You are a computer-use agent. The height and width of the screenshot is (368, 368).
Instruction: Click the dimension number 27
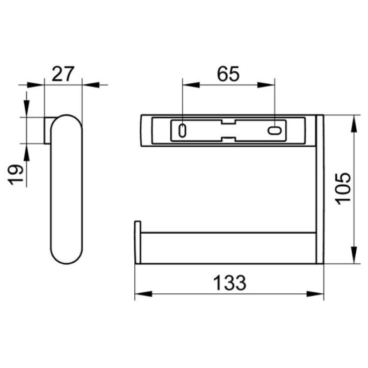63,73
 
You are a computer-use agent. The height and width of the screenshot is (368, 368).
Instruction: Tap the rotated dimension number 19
17,175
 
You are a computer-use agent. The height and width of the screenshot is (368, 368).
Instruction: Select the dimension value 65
228,74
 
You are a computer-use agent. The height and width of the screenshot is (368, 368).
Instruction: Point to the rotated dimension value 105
342,187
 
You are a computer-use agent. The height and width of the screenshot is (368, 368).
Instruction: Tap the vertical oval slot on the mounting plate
183,129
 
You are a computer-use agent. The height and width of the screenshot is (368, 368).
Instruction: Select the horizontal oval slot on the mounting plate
275,130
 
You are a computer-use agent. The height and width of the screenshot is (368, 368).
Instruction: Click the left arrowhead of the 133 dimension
141,293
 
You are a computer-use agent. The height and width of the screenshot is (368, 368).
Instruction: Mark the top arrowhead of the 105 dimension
353,122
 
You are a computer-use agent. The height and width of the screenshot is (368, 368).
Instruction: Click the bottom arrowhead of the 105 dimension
353,256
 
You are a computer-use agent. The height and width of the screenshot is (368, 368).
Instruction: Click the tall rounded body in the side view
67,188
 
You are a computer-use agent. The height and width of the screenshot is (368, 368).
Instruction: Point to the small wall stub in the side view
48,130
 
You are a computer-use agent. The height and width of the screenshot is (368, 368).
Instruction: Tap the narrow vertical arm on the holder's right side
320,188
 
